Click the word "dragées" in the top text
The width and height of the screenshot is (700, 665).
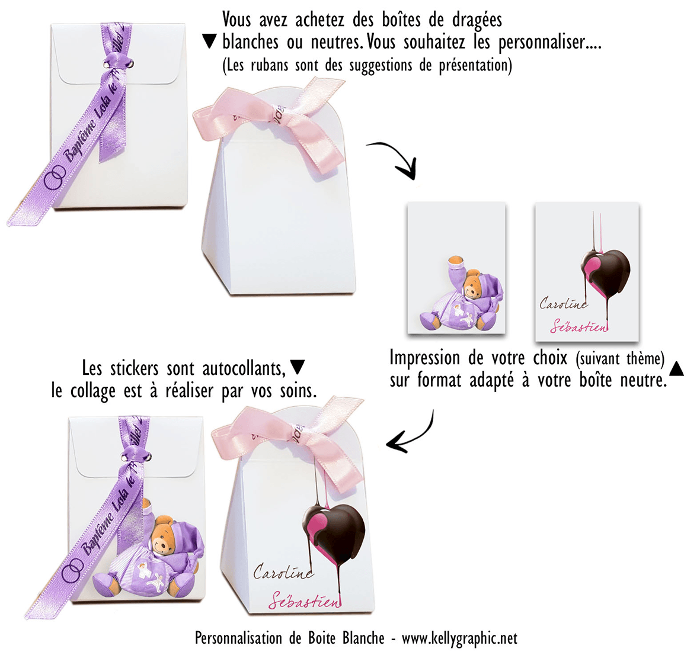pyautogui.click(x=477, y=20)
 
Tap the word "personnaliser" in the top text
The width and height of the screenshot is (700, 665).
pyautogui.click(x=541, y=43)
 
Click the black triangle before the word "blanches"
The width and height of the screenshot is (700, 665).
pyautogui.click(x=210, y=41)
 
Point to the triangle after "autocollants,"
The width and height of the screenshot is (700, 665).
pyautogui.click(x=298, y=368)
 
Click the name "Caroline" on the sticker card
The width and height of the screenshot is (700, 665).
pyautogui.click(x=562, y=304)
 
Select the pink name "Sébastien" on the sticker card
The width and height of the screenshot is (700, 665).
pyautogui.click(x=578, y=326)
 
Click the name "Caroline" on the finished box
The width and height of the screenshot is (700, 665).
pyautogui.click(x=282, y=573)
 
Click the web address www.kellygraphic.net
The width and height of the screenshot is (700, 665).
pyautogui.click(x=459, y=638)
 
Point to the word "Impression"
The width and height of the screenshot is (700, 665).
pyautogui.click(x=424, y=358)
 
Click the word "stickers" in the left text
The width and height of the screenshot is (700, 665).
pyautogui.click(x=135, y=368)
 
